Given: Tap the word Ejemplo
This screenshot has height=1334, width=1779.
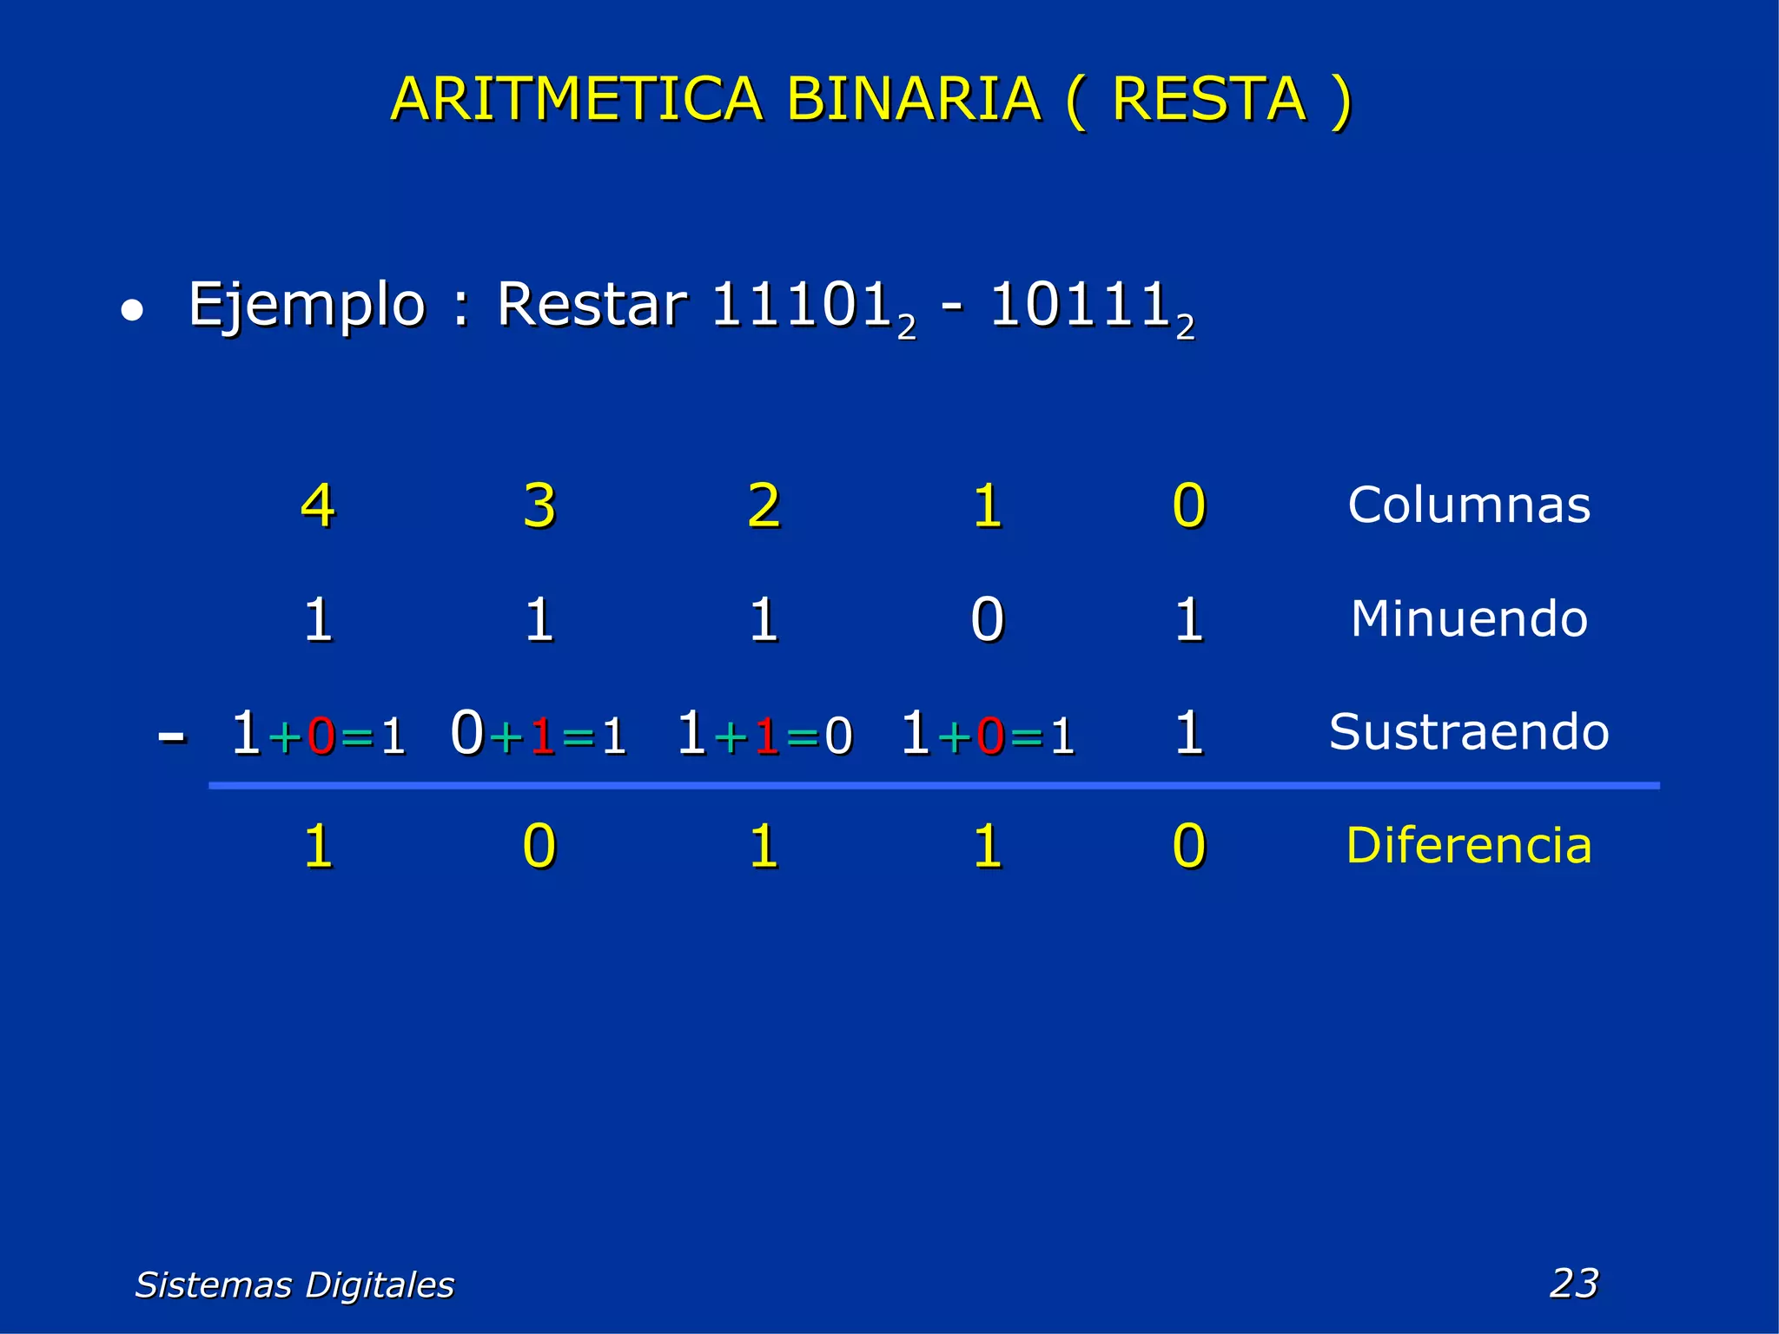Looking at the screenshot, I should [307, 306].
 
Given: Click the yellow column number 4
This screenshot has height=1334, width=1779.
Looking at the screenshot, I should [318, 505].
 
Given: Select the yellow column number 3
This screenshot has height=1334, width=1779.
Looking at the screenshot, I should [539, 505].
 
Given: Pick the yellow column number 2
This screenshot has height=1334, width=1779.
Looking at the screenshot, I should [764, 505].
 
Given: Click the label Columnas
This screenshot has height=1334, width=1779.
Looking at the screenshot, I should [1469, 505].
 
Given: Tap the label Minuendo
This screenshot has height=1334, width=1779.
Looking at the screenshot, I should [1469, 619].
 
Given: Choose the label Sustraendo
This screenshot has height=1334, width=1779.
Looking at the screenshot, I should [1469, 732].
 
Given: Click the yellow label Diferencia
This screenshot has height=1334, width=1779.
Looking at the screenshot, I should [1469, 845].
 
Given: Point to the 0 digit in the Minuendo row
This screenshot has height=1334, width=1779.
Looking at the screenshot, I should [988, 620].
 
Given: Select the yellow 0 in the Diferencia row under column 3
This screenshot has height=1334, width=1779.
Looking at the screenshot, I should [539, 846].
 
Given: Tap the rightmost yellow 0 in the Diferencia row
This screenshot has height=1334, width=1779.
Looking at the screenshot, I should [1189, 846].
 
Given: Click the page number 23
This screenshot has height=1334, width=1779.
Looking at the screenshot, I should [1574, 1283].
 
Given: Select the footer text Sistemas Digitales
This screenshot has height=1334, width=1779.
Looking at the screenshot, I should [294, 1284].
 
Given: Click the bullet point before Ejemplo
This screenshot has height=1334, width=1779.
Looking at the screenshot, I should [131, 311].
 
